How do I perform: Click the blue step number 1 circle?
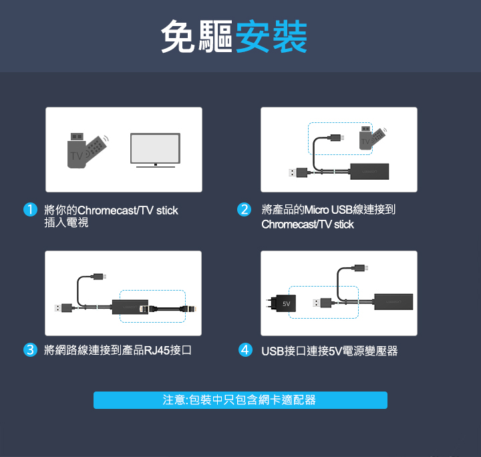coord(30,210)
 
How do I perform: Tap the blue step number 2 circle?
coord(245,210)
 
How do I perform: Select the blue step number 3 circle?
coord(30,350)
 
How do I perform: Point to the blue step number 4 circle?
coord(245,350)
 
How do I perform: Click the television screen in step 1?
coord(155,148)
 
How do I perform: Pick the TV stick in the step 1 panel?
coord(87,150)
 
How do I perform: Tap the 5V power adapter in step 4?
coord(281,303)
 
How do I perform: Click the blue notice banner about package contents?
coord(240,400)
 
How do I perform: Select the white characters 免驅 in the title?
coord(197,37)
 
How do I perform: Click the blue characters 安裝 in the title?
coord(271,37)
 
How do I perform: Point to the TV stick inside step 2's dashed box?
coord(372,138)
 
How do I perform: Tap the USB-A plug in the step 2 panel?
coord(298,172)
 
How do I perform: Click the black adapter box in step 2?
coord(369,172)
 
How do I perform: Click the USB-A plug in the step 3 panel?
coord(63,307)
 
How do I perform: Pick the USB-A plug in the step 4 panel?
coord(322,303)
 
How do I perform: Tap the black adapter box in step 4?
coord(393,302)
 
